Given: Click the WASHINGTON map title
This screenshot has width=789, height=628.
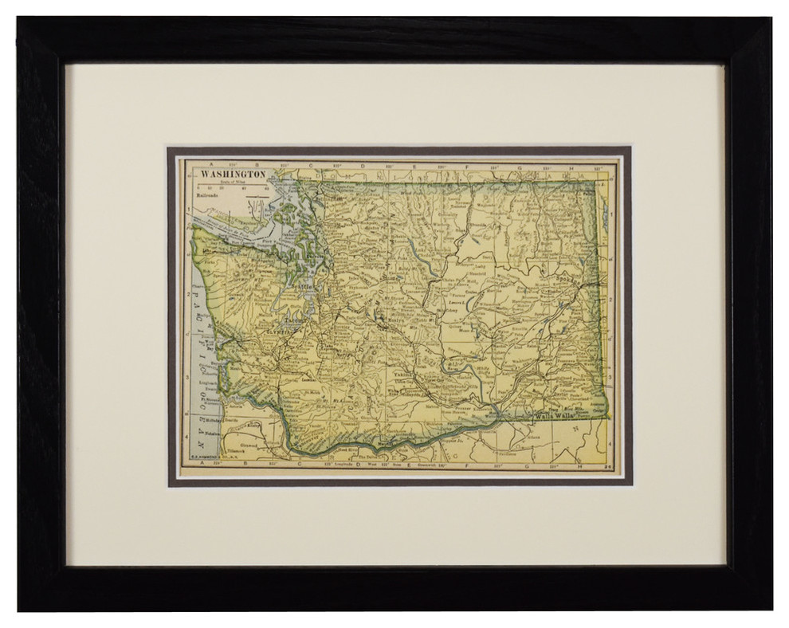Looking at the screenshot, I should (233, 173).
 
